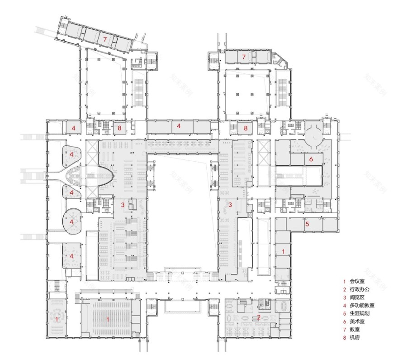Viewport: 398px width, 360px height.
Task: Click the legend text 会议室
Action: coord(358,281)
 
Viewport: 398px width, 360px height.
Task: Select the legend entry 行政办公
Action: coord(360,289)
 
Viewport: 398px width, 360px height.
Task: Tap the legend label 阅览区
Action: coord(358,298)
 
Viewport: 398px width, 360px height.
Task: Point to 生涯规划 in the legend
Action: coord(360,314)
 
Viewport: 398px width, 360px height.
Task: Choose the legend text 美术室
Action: coord(358,322)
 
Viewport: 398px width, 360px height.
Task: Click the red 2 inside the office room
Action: coord(258,317)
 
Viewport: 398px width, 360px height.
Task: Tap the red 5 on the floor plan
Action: coord(307,224)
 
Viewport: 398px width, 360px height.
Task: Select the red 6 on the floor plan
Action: coord(311,159)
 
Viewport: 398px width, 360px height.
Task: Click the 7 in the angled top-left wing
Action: coord(104,40)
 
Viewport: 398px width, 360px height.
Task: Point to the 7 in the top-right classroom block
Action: coord(244,57)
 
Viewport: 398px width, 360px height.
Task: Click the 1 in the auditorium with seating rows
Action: coord(108,319)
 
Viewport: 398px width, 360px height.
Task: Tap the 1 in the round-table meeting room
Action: coord(57,319)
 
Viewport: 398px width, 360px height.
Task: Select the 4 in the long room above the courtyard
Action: coord(179,126)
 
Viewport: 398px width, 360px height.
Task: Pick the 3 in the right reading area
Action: coord(230,205)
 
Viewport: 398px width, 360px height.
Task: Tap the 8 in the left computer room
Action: coord(119,128)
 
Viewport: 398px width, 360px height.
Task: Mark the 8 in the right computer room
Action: coord(246,128)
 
